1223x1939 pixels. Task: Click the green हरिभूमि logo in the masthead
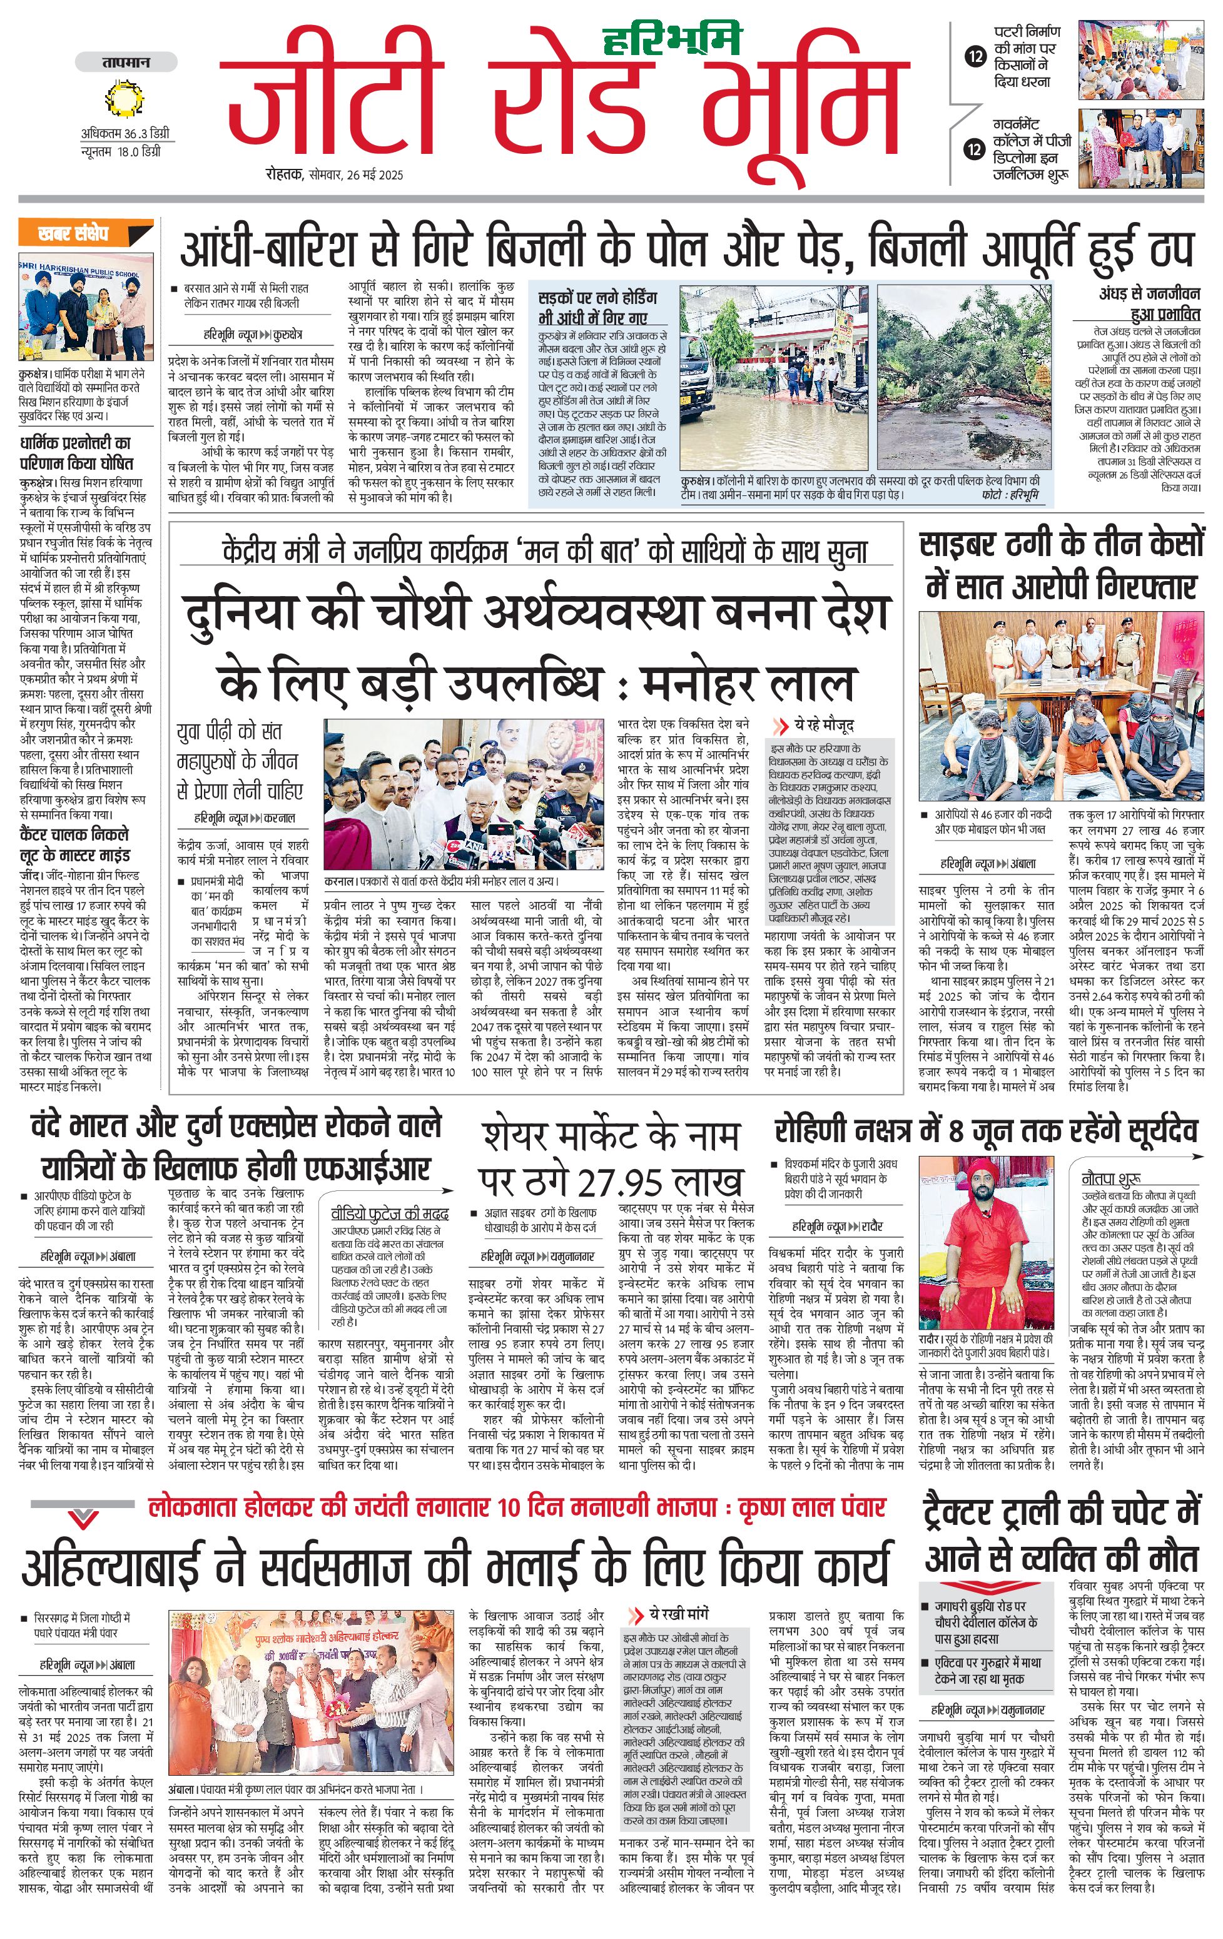(x=671, y=38)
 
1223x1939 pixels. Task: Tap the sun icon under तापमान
(x=124, y=99)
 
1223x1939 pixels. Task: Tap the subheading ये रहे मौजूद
(x=823, y=725)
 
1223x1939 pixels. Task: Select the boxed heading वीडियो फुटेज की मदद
(x=390, y=1213)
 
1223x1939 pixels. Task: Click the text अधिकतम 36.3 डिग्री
(x=124, y=134)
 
